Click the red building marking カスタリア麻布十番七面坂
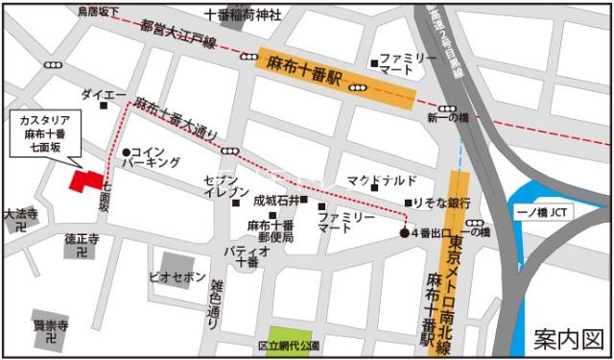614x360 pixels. (x=85, y=181)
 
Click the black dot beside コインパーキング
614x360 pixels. (x=126, y=152)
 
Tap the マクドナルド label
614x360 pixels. (x=381, y=180)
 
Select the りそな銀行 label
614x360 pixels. (x=442, y=204)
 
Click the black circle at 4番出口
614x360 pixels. (x=404, y=233)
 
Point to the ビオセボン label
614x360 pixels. (x=177, y=276)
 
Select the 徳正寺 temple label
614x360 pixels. (x=83, y=238)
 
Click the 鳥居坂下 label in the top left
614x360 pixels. (x=98, y=12)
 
